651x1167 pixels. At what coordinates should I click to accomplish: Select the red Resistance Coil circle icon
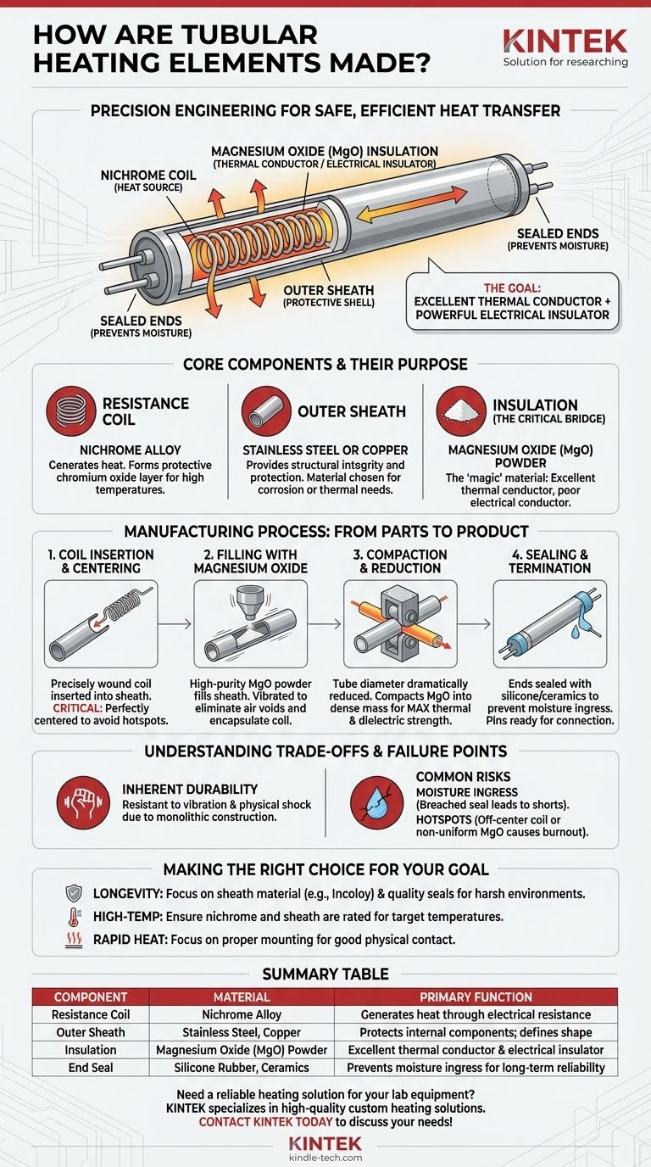[69, 411]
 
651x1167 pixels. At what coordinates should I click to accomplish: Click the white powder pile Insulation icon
[460, 411]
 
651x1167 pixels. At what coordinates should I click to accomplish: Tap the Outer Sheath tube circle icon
[264, 411]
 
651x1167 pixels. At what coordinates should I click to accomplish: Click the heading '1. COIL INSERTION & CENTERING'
[99, 561]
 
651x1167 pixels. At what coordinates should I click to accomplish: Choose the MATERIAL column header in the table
[242, 997]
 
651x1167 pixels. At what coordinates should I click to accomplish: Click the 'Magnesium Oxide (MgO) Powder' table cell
[242, 1050]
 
